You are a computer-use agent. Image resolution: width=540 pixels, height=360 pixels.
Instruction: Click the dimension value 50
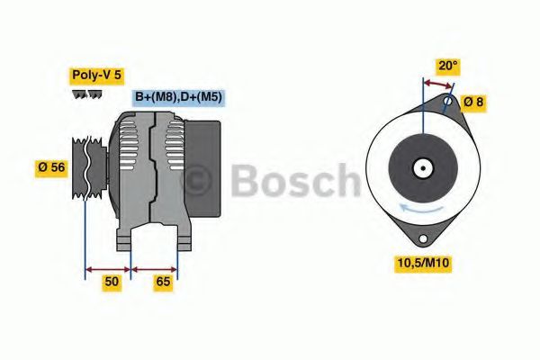[x=111, y=282]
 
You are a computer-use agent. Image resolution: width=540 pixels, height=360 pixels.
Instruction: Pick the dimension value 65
[x=162, y=282]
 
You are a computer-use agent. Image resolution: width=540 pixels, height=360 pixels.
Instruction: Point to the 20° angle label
[x=447, y=66]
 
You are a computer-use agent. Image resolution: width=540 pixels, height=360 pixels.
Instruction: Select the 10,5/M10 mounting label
[x=425, y=263]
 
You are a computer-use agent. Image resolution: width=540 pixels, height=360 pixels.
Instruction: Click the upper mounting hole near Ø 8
[x=447, y=103]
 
